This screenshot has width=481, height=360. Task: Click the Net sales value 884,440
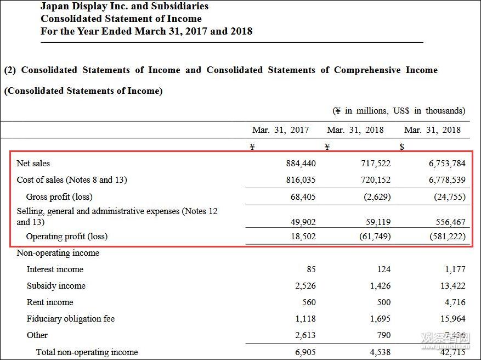pyautogui.click(x=301, y=164)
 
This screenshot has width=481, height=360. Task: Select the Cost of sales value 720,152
pyautogui.click(x=376, y=180)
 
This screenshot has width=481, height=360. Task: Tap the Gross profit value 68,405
pyautogui.click(x=303, y=196)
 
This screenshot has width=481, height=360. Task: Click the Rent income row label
pyautogui.click(x=50, y=302)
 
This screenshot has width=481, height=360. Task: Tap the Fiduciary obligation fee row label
pyautogui.click(x=71, y=319)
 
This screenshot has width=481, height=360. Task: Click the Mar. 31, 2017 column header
pyautogui.click(x=280, y=130)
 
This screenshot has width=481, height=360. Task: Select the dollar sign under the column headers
pyautogui.click(x=402, y=147)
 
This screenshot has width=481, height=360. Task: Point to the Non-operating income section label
pyautogui.click(x=58, y=253)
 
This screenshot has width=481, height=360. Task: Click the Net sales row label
pyautogui.click(x=33, y=164)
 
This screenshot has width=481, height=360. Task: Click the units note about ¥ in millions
pyautogui.click(x=399, y=111)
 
